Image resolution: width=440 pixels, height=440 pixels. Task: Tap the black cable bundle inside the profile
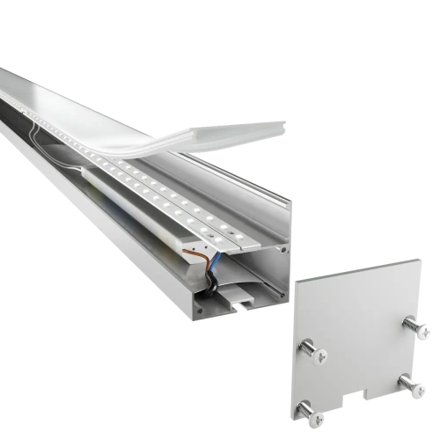click(x=212, y=284)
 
